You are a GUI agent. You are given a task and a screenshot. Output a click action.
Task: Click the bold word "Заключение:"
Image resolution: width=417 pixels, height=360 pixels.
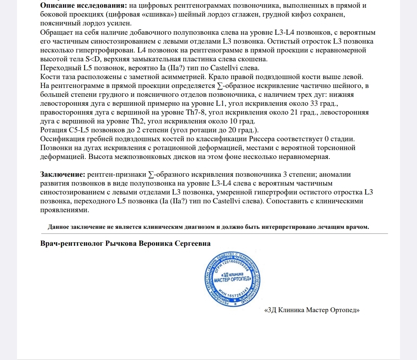63,174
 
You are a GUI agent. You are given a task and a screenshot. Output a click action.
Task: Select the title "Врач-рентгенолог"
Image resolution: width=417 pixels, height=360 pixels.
71,244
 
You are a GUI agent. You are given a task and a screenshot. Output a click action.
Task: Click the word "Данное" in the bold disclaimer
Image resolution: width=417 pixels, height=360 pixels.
58,227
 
